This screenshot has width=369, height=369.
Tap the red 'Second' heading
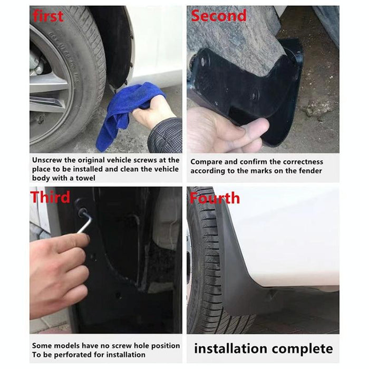218,16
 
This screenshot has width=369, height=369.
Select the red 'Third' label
50,198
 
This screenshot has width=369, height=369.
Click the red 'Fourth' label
215,198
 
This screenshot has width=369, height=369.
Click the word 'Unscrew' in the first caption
47,160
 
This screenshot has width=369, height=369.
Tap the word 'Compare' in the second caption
206,162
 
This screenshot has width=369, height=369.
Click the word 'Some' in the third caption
41,346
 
